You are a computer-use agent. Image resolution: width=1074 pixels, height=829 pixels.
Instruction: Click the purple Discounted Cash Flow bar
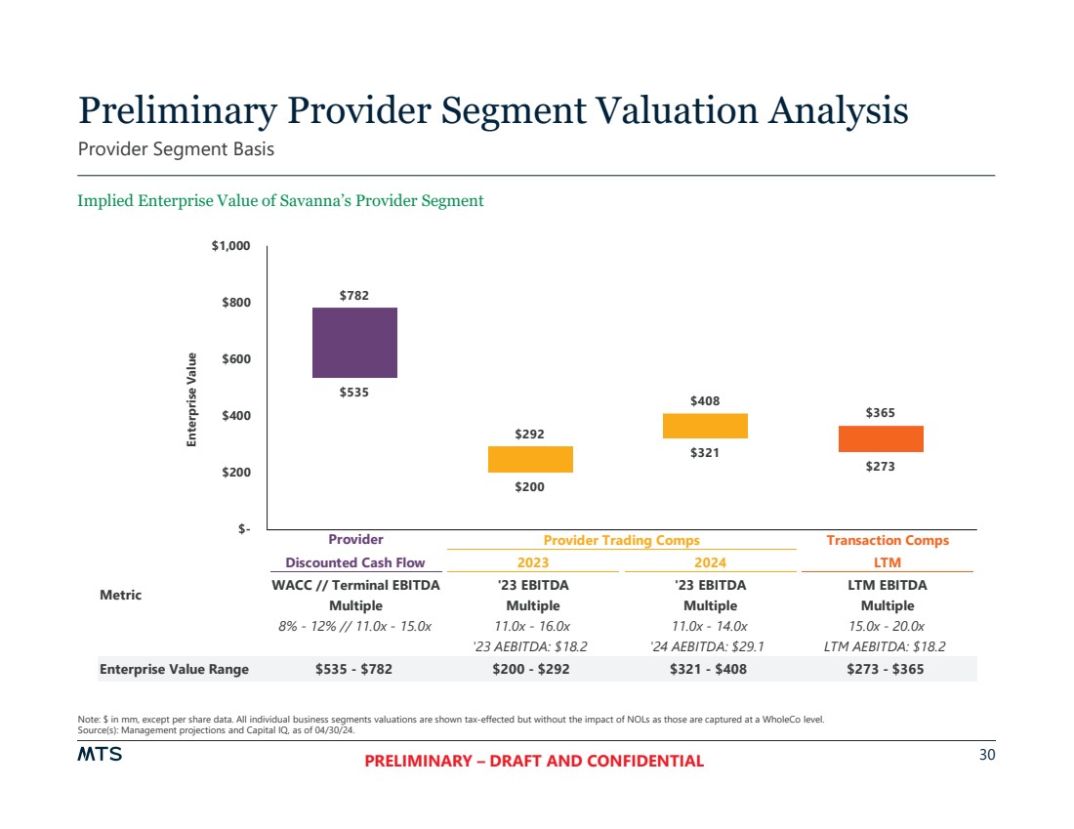pyautogui.click(x=354, y=342)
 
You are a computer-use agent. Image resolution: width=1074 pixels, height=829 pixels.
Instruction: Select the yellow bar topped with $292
pyautogui.click(x=530, y=459)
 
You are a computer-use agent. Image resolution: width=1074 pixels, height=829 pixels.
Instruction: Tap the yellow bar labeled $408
pyautogui.click(x=705, y=426)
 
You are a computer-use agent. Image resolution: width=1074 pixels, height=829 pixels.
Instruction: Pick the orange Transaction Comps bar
pyautogui.click(x=881, y=438)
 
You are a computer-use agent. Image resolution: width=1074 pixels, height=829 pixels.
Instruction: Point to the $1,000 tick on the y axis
pyautogui.click(x=231, y=246)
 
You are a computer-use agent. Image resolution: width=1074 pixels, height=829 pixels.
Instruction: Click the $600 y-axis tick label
pyautogui.click(x=231, y=359)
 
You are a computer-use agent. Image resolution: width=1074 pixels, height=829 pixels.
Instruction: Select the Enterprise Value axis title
pyautogui.click(x=192, y=400)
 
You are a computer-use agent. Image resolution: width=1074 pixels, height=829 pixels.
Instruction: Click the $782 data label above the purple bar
pyautogui.click(x=354, y=295)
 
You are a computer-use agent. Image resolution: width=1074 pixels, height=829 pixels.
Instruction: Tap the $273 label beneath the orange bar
pyautogui.click(x=881, y=467)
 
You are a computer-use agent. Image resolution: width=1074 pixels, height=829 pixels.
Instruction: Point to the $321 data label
pyautogui.click(x=705, y=452)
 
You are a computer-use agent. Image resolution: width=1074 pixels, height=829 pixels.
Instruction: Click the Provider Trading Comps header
pyautogui.click(x=621, y=540)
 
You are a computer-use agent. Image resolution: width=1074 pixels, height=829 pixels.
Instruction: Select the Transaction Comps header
pyautogui.click(x=888, y=540)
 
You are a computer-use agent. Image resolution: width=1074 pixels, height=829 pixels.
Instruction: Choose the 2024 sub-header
pyautogui.click(x=710, y=562)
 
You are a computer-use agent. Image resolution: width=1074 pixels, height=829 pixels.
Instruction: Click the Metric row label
pyautogui.click(x=120, y=595)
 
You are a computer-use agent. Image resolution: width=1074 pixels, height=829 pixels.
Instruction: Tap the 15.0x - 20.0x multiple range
pyautogui.click(x=888, y=626)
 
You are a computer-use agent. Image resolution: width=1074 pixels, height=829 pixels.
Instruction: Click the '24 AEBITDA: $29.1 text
pyautogui.click(x=710, y=646)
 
